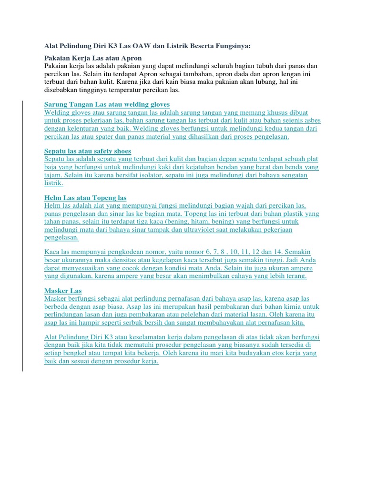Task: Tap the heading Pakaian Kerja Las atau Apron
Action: click(93, 58)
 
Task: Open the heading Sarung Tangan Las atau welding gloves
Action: click(107, 104)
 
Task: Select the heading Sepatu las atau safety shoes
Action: click(87, 151)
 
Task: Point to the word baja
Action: click(51, 167)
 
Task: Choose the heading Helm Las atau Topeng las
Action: click(85, 197)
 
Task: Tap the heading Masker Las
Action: click(63, 290)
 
